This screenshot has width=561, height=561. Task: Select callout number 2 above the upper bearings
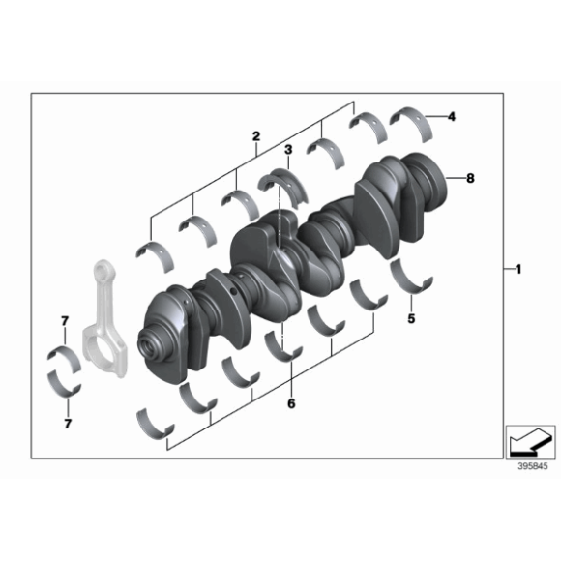pos(255,138)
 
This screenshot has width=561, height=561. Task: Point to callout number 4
pos(451,117)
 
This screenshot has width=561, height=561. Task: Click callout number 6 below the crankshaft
pos(290,405)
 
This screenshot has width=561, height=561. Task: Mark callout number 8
pos(471,178)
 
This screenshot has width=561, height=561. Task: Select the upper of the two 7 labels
pos(64,320)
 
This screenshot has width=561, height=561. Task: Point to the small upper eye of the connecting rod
pos(103,271)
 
